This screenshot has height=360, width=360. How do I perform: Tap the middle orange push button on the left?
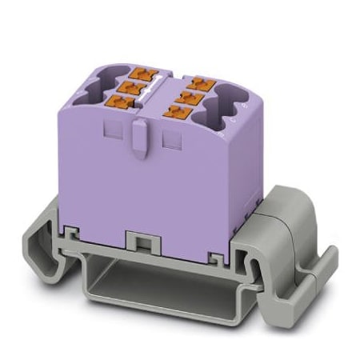tap(128, 86)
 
